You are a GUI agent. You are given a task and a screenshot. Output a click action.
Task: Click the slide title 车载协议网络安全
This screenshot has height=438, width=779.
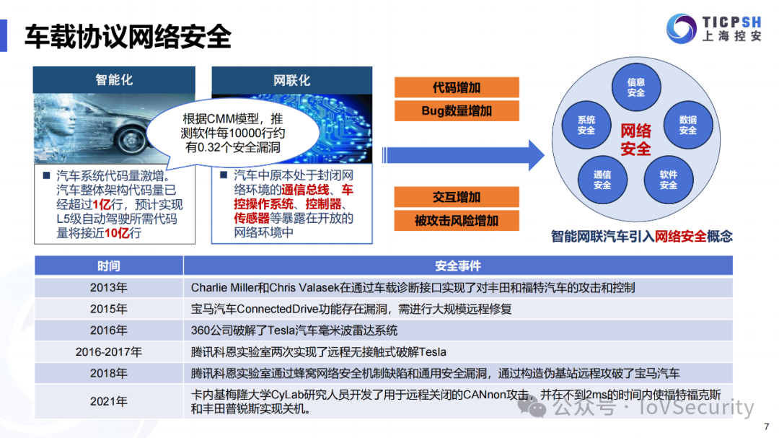(x=128, y=37)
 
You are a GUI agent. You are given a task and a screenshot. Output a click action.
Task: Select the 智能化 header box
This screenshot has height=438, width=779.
(x=114, y=80)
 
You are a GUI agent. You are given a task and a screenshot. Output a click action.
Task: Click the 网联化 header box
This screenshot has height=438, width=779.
(x=291, y=80)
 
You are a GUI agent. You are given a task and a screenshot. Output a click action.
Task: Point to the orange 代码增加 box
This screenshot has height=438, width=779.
(x=457, y=88)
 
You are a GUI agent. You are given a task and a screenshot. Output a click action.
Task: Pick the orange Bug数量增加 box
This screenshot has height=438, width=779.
(x=457, y=111)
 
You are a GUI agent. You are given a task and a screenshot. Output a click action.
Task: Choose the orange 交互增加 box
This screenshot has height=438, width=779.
(x=457, y=197)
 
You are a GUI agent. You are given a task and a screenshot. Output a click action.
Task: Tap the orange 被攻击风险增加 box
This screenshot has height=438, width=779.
(x=457, y=221)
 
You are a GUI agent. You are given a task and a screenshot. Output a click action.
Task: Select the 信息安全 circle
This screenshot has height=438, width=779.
(x=635, y=87)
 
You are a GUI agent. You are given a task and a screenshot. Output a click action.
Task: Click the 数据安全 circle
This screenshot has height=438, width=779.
(x=687, y=125)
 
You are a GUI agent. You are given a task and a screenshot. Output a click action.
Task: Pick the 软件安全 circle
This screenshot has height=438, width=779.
(x=668, y=180)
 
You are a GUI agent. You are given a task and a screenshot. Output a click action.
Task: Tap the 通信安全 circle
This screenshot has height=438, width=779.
(x=602, y=180)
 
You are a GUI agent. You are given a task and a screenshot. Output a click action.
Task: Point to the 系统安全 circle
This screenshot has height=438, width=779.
(x=586, y=125)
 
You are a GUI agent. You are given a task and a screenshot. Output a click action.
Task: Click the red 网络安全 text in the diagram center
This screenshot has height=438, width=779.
(x=635, y=139)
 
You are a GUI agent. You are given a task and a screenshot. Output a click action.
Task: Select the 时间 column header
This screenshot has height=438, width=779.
(x=108, y=266)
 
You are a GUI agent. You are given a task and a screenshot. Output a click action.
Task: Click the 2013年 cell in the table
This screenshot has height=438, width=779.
(x=108, y=288)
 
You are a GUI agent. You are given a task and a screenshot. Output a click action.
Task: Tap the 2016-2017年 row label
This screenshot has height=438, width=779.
(x=108, y=352)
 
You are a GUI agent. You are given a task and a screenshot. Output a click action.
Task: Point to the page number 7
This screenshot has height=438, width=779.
(x=766, y=426)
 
